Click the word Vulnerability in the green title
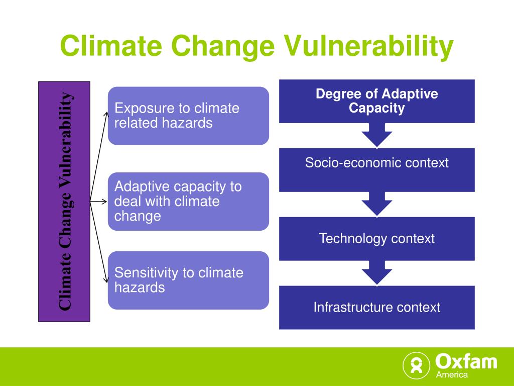(368, 46)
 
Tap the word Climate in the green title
(111, 46)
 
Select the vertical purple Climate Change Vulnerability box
(64, 202)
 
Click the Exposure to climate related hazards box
(189, 116)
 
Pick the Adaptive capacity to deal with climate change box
(189, 201)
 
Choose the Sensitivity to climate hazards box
(189, 280)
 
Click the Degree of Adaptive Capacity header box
(376, 101)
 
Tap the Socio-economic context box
(376, 170)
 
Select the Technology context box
(376, 239)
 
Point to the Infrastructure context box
(376, 308)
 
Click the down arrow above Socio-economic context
(377, 135)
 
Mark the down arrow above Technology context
(377, 204)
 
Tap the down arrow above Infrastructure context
(377, 273)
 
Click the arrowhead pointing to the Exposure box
(106, 114)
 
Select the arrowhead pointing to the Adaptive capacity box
(105, 202)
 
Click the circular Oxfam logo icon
(416, 365)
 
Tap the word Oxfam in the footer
(466, 362)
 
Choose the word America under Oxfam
(452, 374)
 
